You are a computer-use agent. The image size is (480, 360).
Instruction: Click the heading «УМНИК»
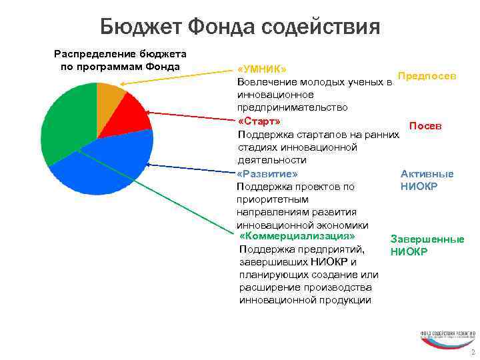pyautogui.click(x=263, y=69)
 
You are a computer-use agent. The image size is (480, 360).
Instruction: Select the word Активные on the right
pyautogui.click(x=427, y=174)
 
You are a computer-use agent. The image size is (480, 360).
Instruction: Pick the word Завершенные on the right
pyautogui.click(x=427, y=239)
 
